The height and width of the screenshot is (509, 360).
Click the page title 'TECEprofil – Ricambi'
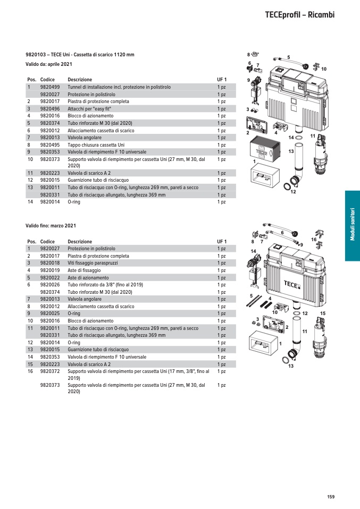[299, 15]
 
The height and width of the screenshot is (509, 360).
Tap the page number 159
[331, 497]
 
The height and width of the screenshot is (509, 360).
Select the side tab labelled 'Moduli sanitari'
[353, 226]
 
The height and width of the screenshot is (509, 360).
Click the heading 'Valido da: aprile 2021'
[49, 64]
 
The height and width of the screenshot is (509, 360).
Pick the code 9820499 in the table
[50, 87]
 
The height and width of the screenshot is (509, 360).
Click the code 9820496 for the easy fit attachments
[50, 108]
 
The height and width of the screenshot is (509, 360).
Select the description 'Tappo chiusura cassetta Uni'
[96, 145]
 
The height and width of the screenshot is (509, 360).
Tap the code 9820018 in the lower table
[50, 263]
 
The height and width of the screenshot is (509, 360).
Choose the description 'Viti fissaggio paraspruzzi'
[95, 263]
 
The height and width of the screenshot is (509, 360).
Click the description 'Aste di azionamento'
[88, 277]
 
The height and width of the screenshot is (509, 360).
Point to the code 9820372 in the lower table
[50, 371]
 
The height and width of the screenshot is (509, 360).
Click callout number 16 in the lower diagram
[314, 240]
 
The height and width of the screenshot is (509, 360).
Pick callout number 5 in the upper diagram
[288, 57]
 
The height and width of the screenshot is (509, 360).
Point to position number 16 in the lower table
[30, 371]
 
